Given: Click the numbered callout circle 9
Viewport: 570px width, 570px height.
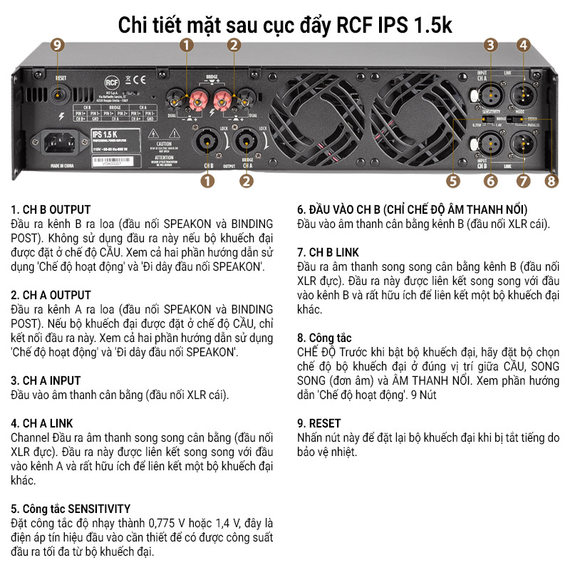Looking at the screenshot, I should pos(58,45).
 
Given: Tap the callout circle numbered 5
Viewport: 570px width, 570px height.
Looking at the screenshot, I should pos(455,180).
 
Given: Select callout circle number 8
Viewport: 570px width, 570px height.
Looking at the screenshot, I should pos(551,180).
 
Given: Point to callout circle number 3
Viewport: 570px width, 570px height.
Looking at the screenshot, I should pos(489,45).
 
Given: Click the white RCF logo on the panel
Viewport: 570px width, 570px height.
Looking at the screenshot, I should pos(110,80).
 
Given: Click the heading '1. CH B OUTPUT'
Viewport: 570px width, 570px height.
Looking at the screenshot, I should pos(51,209).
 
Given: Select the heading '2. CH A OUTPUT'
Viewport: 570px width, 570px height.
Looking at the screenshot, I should pos(51,295).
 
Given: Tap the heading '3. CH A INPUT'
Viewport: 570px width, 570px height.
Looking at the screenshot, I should pos(46,380).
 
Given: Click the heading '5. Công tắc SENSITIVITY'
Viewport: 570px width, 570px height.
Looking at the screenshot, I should pos(71,509).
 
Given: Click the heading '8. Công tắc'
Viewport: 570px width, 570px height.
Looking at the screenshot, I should pos(324,338).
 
